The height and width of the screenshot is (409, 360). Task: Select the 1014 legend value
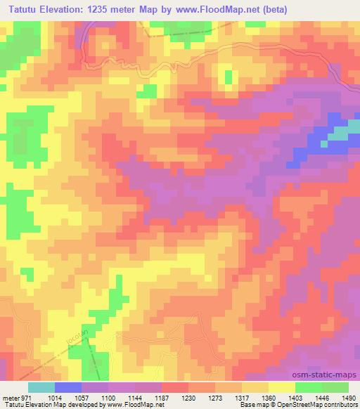(55, 398)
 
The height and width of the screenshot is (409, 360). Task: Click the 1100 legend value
(115, 398)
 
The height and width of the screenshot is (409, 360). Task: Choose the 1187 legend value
(176, 398)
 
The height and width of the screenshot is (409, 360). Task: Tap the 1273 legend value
(238, 398)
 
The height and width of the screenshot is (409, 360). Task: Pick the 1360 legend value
(299, 398)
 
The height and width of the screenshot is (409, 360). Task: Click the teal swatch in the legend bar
(41, 387)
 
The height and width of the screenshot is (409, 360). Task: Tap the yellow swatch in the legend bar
(282, 387)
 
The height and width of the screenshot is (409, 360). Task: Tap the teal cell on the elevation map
(342, 134)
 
